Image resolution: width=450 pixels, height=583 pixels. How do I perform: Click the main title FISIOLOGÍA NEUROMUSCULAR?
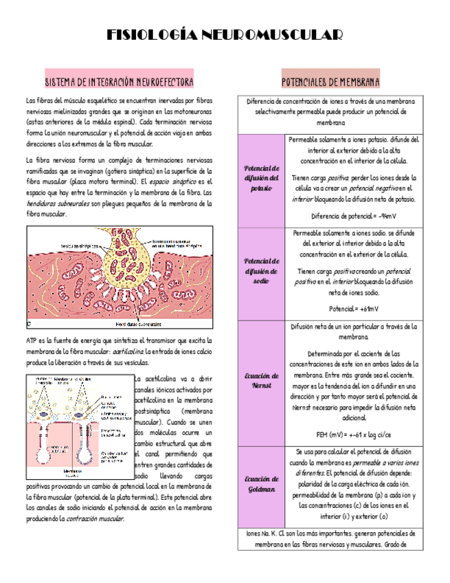tap(225, 36)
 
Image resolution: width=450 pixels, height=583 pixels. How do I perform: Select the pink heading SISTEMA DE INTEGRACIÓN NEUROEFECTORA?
tap(119, 82)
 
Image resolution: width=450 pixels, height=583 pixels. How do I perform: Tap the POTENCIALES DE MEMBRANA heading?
tap(330, 82)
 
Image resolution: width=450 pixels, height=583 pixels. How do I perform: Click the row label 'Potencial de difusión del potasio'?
tap(261, 178)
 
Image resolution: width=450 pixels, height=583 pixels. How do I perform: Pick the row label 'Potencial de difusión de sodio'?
tap(261, 271)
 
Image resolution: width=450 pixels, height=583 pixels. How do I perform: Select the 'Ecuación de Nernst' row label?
tap(261, 381)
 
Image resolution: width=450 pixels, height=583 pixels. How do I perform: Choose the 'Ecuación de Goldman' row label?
tap(261, 484)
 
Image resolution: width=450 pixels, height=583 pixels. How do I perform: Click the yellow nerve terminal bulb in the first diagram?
tap(125, 262)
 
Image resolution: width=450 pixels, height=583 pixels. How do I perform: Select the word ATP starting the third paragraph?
tap(32, 340)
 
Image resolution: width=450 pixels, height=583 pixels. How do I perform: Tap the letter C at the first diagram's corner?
tap(30, 321)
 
